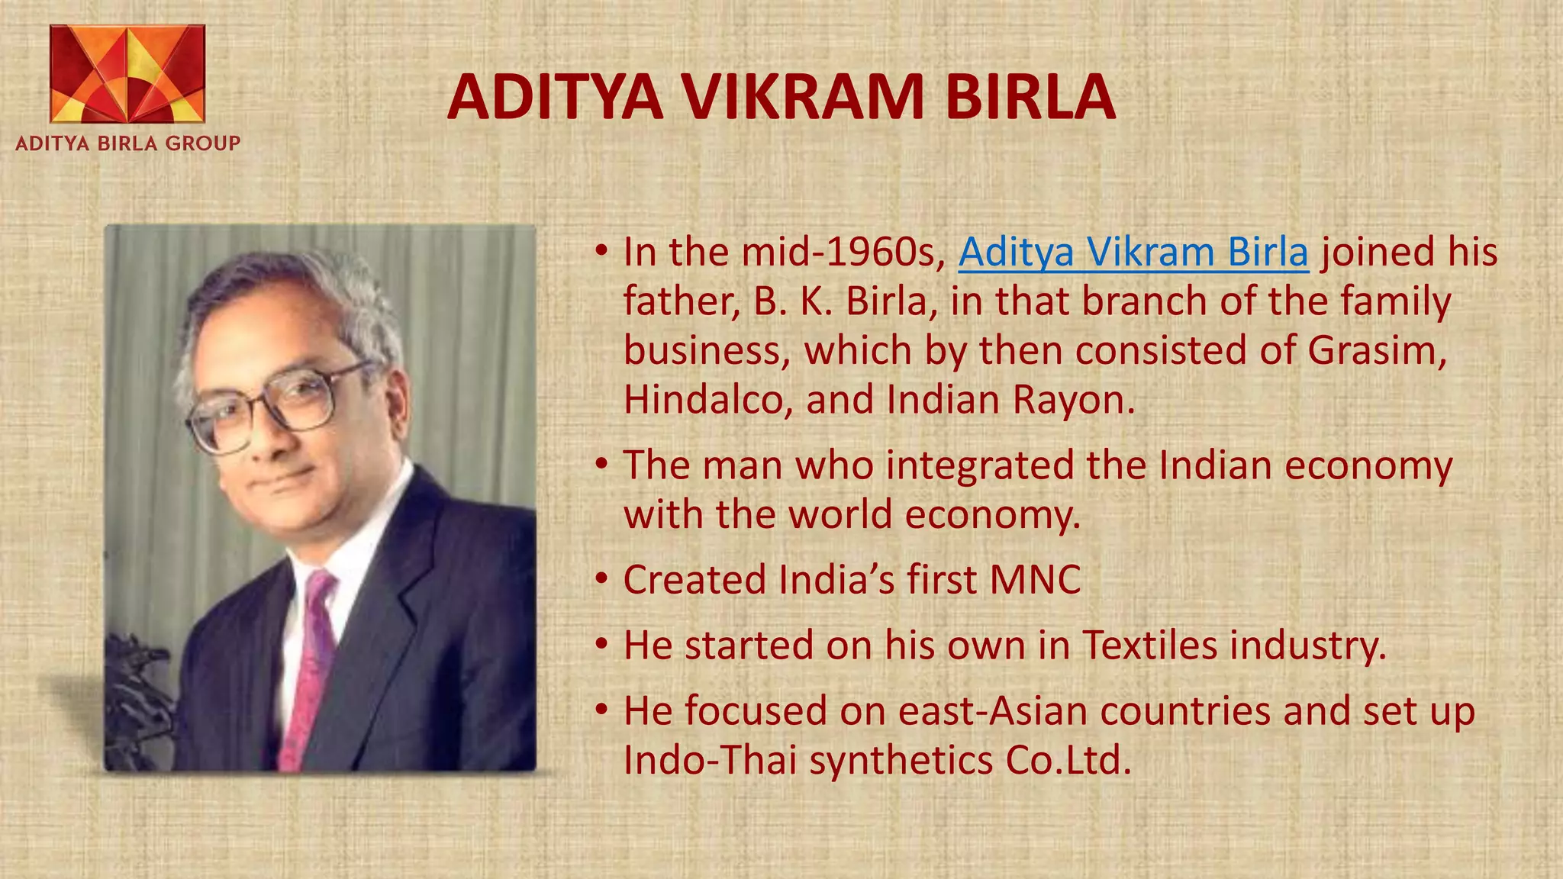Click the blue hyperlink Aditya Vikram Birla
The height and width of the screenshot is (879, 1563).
pyautogui.click(x=1133, y=253)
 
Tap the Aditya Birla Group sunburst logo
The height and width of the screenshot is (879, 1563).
pyautogui.click(x=127, y=74)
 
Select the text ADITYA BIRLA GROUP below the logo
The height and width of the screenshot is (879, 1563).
pyautogui.click(x=127, y=143)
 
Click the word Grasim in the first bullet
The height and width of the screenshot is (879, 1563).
pyautogui.click(x=1376, y=351)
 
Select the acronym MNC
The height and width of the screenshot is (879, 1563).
pyautogui.click(x=1035, y=580)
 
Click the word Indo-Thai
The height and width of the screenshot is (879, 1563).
pyautogui.click(x=710, y=760)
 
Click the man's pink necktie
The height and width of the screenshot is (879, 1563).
pyautogui.click(x=308, y=671)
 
